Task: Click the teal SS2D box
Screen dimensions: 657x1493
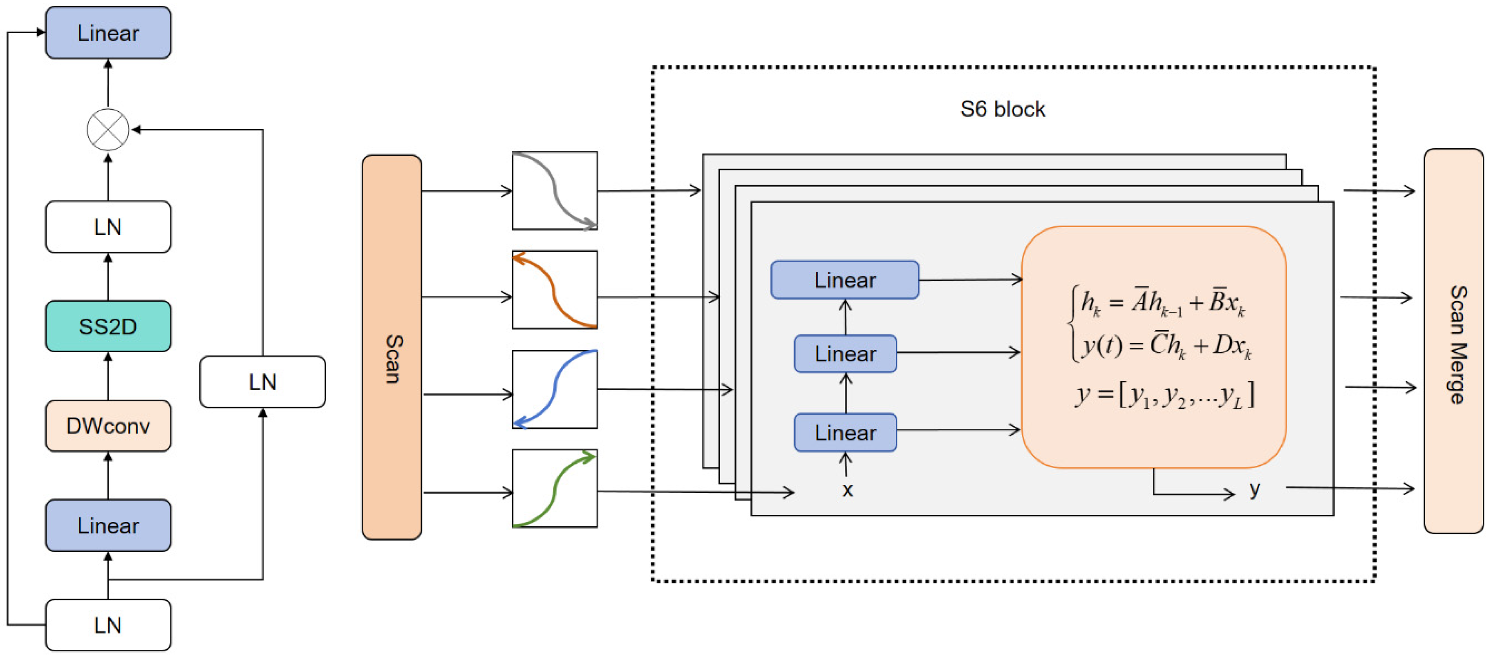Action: pos(108,326)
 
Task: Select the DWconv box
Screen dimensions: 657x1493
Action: pos(108,426)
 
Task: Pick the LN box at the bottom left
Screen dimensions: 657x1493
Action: pos(108,625)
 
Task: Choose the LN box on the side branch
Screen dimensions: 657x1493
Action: pos(262,382)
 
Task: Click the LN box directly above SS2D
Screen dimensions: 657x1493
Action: pos(108,226)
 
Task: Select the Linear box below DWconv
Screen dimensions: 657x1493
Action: pos(108,525)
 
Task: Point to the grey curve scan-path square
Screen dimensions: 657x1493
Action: pos(555,191)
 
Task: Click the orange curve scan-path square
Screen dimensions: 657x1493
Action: pos(555,290)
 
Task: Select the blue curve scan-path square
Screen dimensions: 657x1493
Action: pos(555,389)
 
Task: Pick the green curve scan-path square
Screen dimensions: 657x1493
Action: pos(555,488)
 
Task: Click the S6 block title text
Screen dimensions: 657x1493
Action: pos(1002,109)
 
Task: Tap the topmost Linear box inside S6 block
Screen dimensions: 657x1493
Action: pos(844,280)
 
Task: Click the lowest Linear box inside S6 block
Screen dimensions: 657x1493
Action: pos(845,432)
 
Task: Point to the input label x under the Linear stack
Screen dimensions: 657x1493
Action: pos(847,491)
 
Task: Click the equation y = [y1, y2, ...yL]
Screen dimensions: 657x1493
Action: pos(1165,396)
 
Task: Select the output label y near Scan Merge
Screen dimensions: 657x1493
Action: pos(1255,489)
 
